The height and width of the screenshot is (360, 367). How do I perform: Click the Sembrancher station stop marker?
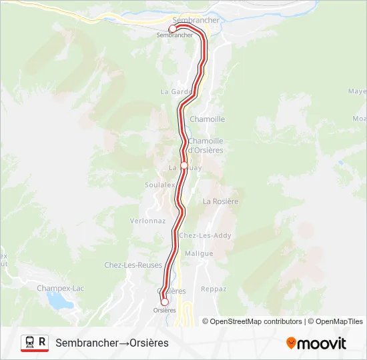[171, 29]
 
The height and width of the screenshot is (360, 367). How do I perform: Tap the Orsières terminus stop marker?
[165, 302]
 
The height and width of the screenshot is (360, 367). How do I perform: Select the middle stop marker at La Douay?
[184, 165]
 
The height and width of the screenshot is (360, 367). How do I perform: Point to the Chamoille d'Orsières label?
[206, 145]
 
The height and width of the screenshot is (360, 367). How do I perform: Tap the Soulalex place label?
[160, 185]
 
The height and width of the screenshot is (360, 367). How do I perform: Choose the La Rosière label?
[220, 201]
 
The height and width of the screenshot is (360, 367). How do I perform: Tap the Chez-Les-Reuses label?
[133, 265]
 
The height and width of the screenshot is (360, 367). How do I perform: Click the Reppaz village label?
[214, 289]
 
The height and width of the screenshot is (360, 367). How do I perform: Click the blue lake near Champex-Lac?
[61, 302]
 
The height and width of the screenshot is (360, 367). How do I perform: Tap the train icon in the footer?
[29, 342]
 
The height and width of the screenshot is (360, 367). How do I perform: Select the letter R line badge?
[43, 342]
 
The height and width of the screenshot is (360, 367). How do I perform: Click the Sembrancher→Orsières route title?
[112, 343]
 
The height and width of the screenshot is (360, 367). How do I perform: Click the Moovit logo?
[316, 343]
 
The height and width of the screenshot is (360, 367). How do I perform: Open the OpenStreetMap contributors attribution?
[252, 321]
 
